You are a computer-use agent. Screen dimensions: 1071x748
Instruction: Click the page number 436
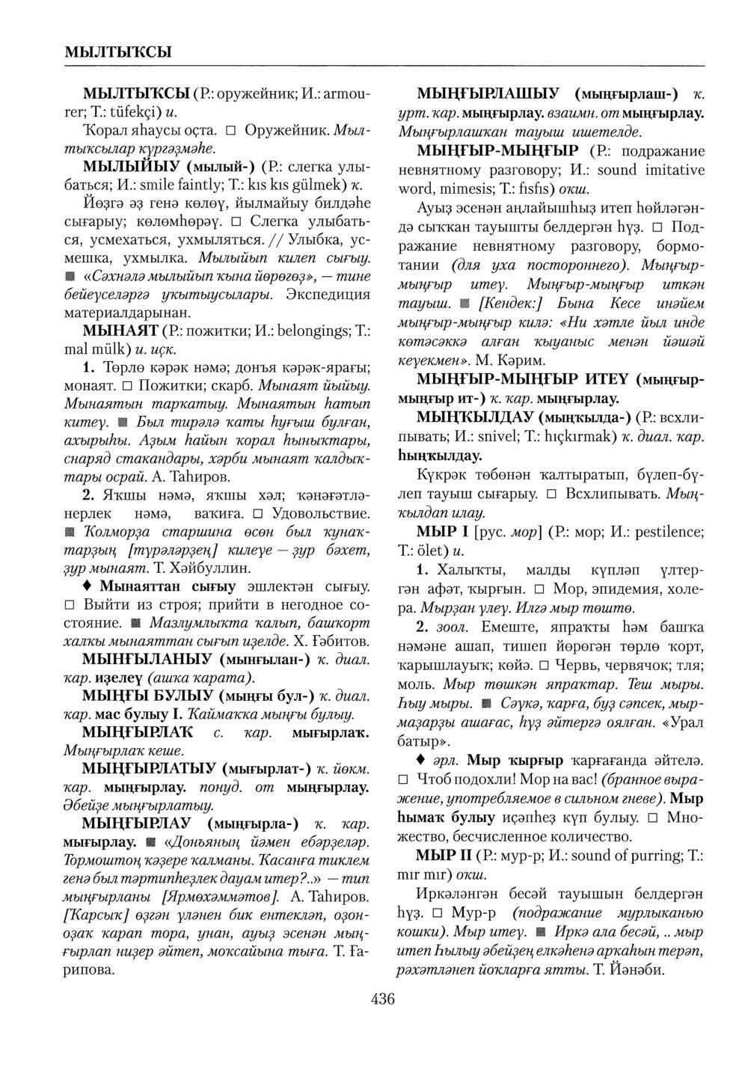(381, 998)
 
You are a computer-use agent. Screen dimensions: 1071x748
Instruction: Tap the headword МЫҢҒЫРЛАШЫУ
(487, 93)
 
